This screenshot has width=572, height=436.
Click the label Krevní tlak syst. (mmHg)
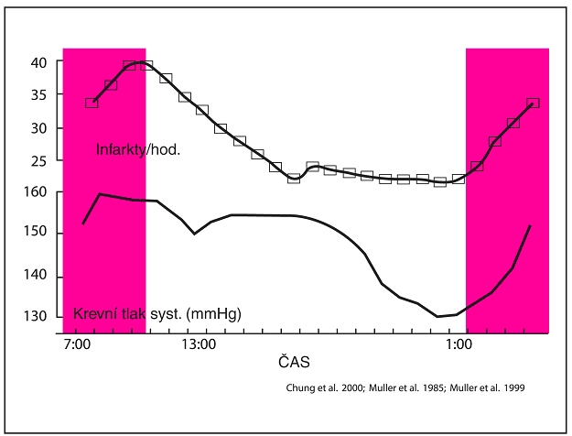coord(156,314)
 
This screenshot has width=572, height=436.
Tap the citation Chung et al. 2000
coord(318,387)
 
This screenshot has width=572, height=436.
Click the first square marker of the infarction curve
coord(92,103)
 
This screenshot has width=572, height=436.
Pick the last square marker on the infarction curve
coord(534,103)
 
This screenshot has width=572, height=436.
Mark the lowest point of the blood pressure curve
coord(437,316)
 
